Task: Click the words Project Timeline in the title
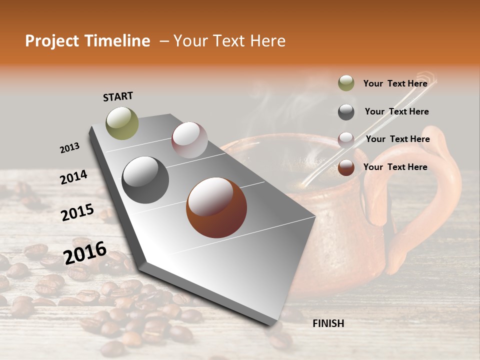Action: tap(87, 41)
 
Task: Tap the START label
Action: tap(118, 96)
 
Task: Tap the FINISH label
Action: tap(328, 323)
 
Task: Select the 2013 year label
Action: tap(69, 148)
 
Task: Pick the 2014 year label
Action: tap(73, 177)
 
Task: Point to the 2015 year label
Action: tap(77, 212)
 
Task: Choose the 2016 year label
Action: tap(85, 252)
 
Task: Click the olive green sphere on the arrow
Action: tap(122, 123)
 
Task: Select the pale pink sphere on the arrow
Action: tap(189, 140)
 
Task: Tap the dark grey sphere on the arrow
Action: tap(145, 180)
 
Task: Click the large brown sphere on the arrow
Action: tap(216, 207)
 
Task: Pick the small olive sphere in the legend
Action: tap(346, 83)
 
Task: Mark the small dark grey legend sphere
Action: tap(346, 112)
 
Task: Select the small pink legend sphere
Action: tap(346, 139)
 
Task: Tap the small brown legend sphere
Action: tap(346, 167)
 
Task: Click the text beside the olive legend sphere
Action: tap(395, 83)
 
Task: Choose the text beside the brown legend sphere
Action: tap(395, 167)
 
